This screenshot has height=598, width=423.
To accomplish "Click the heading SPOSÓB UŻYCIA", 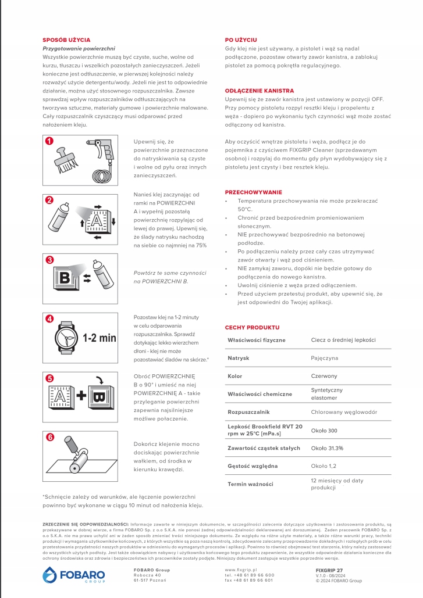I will [x=66, y=40].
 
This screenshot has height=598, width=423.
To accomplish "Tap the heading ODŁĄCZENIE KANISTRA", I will [x=259, y=91].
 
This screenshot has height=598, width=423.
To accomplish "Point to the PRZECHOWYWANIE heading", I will [x=253, y=192].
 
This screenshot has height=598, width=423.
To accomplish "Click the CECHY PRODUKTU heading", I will [x=252, y=327].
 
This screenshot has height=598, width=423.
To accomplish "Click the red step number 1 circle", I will [x=50, y=141].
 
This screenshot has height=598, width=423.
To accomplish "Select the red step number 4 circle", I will [x=50, y=318].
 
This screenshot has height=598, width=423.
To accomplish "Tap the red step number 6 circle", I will [x=50, y=437].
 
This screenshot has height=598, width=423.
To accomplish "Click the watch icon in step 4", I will [x=66, y=337].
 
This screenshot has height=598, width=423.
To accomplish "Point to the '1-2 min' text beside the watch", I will [x=99, y=338].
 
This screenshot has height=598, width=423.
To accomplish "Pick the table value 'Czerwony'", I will [x=324, y=377].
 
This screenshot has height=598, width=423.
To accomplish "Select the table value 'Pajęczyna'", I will [x=324, y=358].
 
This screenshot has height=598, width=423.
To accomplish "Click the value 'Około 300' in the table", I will [x=324, y=431].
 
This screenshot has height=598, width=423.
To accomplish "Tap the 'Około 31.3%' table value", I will [x=326, y=448].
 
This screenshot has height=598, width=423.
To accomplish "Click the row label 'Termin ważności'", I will [x=250, y=484].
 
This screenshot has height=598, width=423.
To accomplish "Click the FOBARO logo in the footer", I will [x=73, y=575].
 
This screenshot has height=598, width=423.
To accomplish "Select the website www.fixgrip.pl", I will [x=241, y=570].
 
